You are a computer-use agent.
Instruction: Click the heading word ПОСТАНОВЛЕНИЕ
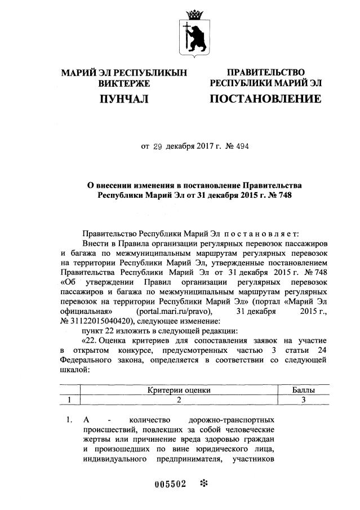click(265, 100)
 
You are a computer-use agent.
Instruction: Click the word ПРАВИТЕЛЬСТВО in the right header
click(265, 73)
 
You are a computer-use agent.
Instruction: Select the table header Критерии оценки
click(179, 390)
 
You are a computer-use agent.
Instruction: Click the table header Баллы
click(303, 390)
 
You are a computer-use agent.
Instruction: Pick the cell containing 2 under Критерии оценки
click(179, 400)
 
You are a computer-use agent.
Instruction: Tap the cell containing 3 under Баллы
click(303, 400)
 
